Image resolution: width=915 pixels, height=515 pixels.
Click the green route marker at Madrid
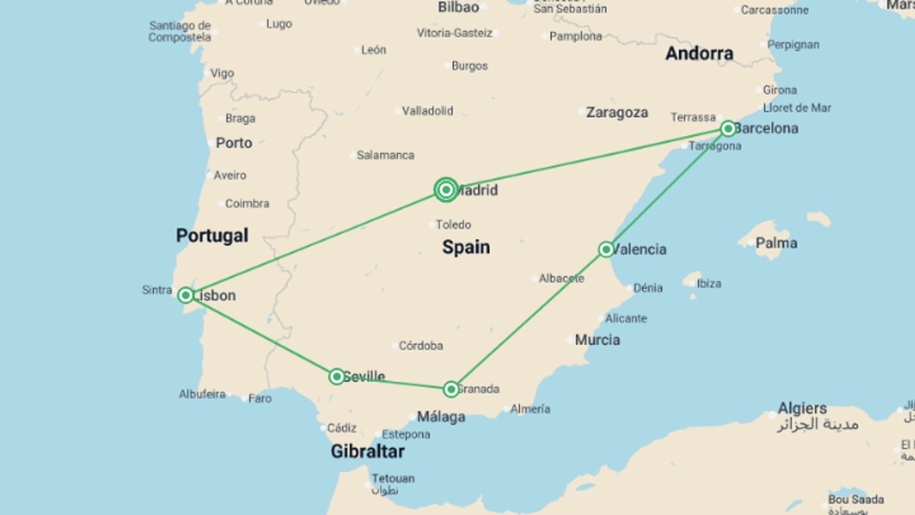click(446, 190)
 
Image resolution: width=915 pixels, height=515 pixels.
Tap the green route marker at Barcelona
click(728, 128)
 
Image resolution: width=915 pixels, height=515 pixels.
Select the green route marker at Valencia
click(606, 249)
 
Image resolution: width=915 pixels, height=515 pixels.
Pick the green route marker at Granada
click(451, 389)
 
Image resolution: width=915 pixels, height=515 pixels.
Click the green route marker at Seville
click(336, 377)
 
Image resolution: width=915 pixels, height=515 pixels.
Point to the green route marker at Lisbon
click(185, 295)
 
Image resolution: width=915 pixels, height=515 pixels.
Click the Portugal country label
click(212, 236)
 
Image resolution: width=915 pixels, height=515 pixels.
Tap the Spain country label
click(466, 247)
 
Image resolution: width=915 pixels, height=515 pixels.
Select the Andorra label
click(699, 53)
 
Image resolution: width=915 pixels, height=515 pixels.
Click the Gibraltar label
click(367, 451)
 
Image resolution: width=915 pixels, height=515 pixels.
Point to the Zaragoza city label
click(617, 113)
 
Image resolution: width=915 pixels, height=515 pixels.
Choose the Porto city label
click(234, 143)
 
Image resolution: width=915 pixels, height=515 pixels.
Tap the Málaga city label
click(441, 417)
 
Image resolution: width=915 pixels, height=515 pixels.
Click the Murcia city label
click(597, 340)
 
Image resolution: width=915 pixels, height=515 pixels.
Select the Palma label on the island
click(776, 243)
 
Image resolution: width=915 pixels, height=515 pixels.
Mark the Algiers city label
click(803, 408)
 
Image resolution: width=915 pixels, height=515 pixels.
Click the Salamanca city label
click(385, 155)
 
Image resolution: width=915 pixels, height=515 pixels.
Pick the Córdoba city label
click(420, 345)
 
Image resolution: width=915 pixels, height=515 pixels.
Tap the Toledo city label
click(453, 225)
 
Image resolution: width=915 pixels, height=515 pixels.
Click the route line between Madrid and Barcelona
click(586, 159)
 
